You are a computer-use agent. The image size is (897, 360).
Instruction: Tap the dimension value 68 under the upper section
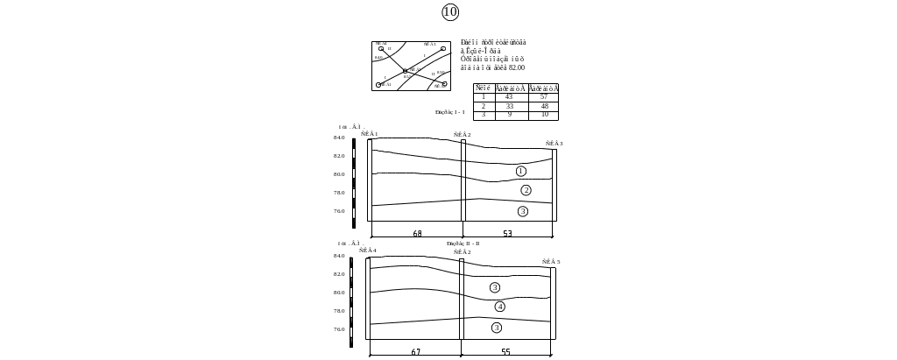[417, 233]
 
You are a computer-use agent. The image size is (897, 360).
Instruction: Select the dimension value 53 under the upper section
[507, 233]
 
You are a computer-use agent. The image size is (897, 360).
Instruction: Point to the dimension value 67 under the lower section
[416, 351]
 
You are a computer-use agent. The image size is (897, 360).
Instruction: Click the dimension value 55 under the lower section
[505, 351]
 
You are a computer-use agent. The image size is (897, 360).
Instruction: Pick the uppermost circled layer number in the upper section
[520, 171]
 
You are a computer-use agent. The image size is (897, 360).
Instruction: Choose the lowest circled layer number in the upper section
[522, 211]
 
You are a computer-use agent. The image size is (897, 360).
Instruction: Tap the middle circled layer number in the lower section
[499, 307]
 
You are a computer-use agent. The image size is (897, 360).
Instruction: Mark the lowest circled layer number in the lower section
[497, 328]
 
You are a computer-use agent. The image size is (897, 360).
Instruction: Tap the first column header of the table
[483, 88]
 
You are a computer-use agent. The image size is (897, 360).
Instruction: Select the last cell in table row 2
[544, 106]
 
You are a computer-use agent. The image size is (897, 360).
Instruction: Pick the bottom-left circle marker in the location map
[378, 84]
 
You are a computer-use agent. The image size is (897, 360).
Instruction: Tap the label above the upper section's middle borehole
[460, 135]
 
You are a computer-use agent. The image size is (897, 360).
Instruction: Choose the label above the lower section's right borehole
[551, 261]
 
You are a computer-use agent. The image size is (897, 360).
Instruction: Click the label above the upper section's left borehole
[368, 135]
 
